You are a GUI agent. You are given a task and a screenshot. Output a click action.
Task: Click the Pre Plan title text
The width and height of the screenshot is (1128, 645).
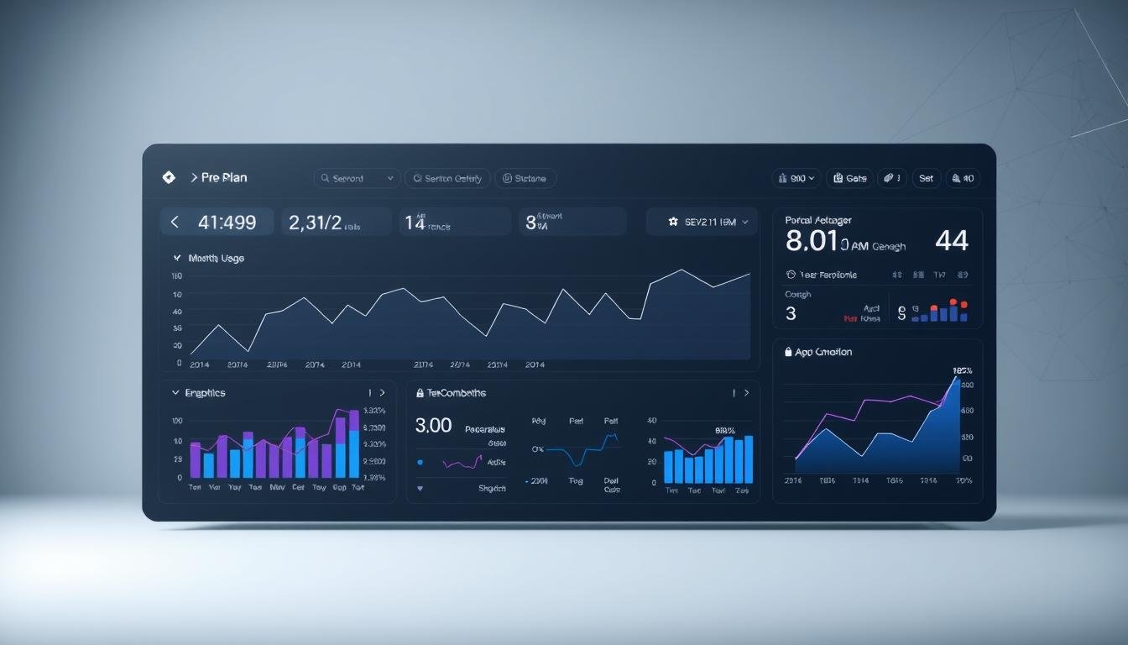[x=223, y=178]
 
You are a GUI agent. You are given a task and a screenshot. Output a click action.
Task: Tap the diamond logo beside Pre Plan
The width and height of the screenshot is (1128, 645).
[x=168, y=177]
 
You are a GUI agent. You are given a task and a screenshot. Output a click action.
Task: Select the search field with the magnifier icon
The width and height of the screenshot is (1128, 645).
[x=357, y=178]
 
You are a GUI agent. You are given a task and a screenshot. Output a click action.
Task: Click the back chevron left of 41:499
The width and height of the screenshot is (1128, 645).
[x=175, y=223]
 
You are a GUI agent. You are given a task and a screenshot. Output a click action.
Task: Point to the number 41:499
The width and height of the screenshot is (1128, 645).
[x=227, y=223]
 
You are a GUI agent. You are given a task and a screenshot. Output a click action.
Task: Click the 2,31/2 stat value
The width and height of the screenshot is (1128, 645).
[x=315, y=223]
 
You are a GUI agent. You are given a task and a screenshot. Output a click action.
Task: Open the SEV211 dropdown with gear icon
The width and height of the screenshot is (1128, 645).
[x=702, y=223]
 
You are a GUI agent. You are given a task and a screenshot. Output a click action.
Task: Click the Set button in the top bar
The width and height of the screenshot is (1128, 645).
[x=926, y=178]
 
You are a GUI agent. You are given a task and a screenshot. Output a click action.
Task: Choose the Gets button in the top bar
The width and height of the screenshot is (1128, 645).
[x=849, y=178]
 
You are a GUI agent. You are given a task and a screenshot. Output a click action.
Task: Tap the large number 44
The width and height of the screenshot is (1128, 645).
[x=951, y=241]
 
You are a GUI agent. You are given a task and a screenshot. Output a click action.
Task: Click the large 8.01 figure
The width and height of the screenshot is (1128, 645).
[x=812, y=241]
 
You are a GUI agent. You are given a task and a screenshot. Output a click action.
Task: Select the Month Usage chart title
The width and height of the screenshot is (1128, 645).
[x=217, y=259]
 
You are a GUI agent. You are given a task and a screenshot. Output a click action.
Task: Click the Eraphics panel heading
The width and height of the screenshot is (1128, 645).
[x=205, y=393]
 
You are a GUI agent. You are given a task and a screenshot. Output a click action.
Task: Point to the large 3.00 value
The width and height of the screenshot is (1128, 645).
[x=433, y=426]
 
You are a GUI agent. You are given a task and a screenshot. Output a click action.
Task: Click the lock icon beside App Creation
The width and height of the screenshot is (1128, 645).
[x=788, y=352]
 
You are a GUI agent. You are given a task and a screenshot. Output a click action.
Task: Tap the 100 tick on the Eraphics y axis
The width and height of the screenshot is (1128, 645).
[x=177, y=421]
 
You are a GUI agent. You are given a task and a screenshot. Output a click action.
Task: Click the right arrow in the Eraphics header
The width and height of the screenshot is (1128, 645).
[x=383, y=393]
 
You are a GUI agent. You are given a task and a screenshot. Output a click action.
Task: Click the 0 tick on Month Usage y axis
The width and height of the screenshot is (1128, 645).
[x=179, y=364]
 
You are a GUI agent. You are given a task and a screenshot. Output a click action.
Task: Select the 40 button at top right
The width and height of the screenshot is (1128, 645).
[x=963, y=178]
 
